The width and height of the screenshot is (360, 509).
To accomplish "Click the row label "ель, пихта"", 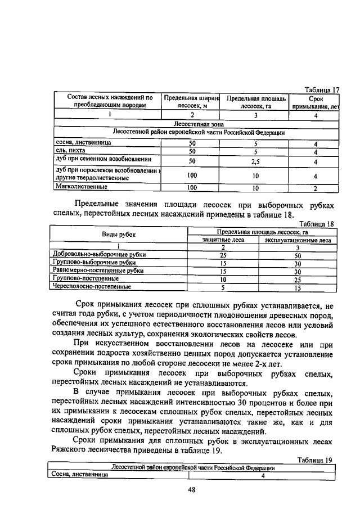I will pos(69,151).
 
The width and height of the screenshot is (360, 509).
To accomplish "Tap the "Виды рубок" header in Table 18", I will pos(118,235).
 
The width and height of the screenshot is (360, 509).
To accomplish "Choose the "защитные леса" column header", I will pos(223,240).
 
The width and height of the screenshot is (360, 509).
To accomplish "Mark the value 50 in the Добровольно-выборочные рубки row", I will pos(298,255).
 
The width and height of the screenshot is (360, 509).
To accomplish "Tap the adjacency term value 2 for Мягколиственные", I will pos(316,188).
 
